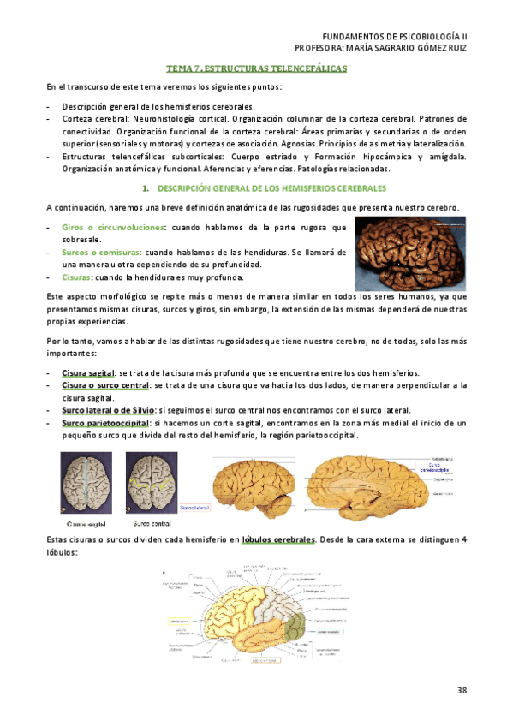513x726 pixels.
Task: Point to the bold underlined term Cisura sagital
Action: coord(88,373)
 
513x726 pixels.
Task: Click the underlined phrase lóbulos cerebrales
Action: coord(279,539)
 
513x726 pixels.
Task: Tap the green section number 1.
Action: coord(145,187)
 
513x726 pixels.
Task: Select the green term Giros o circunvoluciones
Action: coord(111,227)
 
